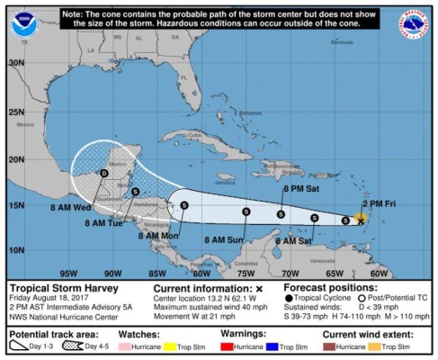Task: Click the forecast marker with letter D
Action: (x=104, y=173)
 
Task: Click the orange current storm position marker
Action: (x=361, y=219)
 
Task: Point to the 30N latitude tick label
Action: (x=15, y=63)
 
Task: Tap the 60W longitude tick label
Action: (x=380, y=273)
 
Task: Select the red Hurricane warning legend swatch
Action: (x=231, y=346)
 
